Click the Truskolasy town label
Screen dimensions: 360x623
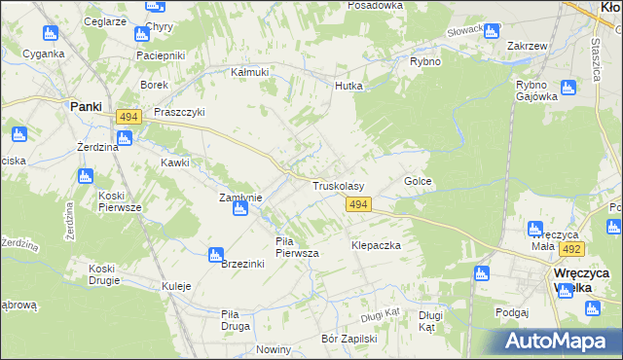338,185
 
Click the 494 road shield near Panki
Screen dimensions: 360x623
128,117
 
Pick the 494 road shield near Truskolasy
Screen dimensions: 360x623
357,203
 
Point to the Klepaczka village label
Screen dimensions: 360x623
377,246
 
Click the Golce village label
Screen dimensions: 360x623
418,182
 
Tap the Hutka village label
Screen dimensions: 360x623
348,86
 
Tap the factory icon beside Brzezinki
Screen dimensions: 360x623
216,255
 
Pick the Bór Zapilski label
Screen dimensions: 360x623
348,339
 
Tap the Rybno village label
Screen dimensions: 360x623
425,61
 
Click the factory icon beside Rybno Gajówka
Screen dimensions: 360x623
568,87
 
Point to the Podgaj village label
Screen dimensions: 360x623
511,311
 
